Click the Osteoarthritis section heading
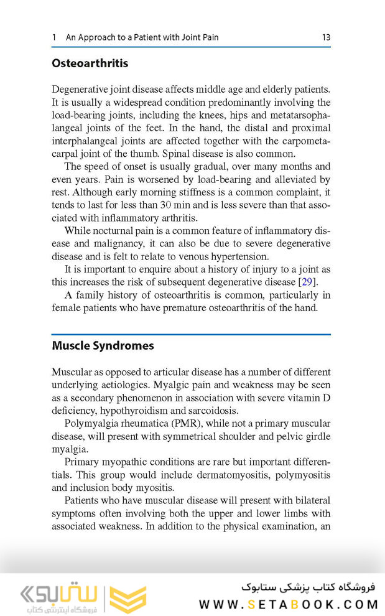tap(90, 63)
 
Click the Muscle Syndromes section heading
tap(103, 345)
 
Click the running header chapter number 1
tap(54, 37)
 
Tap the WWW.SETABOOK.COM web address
tap(289, 604)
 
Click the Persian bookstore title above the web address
tap(308, 587)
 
